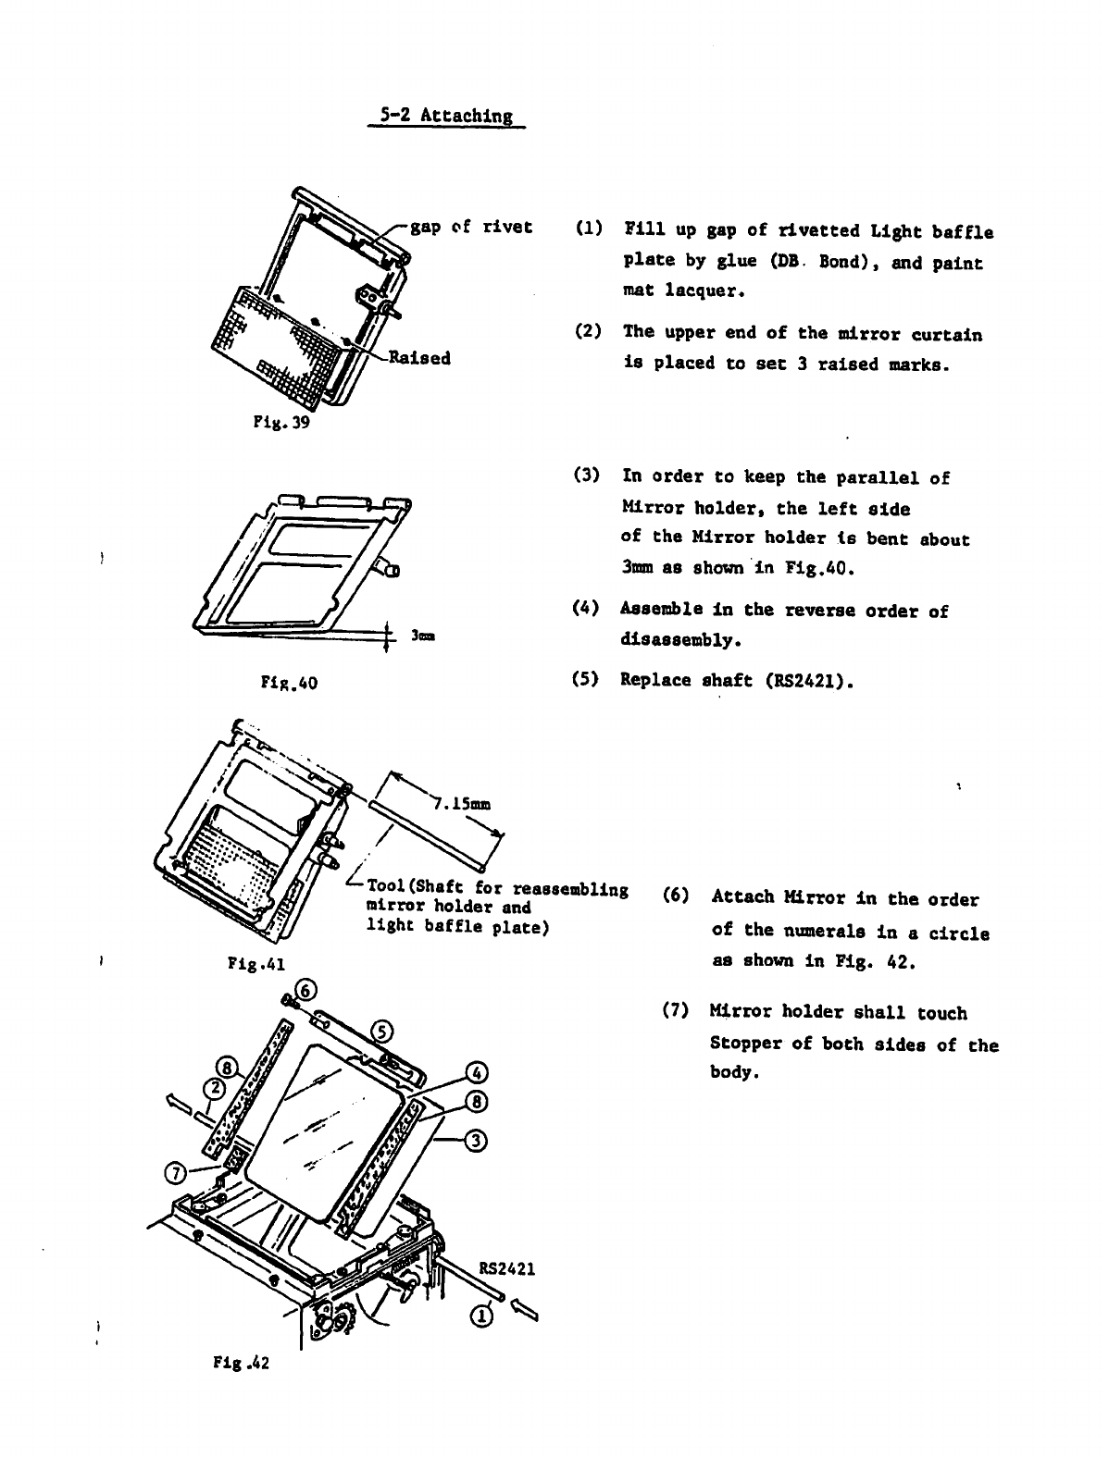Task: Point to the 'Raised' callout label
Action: (419, 358)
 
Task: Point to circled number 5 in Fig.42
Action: (380, 1033)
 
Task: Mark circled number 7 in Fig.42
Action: (173, 1174)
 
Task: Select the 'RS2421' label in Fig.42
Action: (506, 1268)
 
